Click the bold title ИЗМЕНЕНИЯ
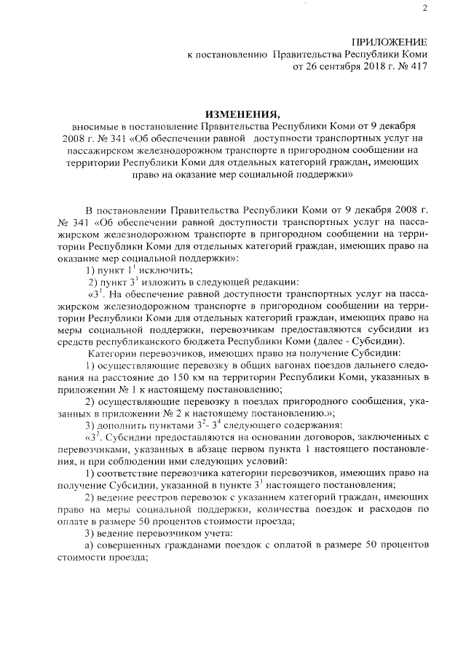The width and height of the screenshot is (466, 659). [238, 114]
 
